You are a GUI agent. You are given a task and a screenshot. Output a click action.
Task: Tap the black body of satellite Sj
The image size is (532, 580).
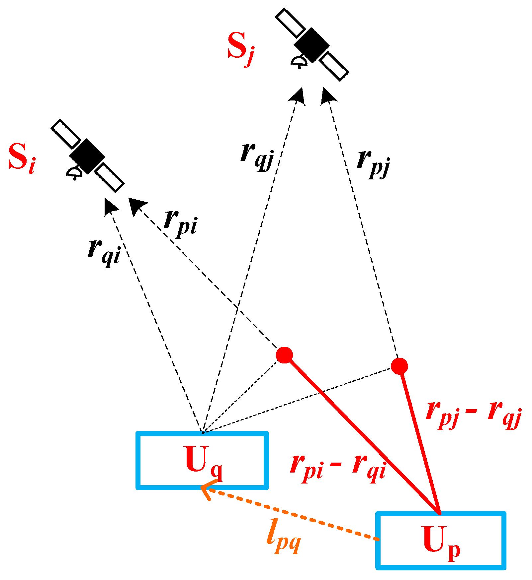(311, 45)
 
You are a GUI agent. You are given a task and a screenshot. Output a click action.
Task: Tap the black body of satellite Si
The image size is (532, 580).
(87, 156)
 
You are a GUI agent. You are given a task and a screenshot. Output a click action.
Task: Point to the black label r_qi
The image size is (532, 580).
(103, 252)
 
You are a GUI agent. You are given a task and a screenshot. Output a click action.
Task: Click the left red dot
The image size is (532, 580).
(284, 355)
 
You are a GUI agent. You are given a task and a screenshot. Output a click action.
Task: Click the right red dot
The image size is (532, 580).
(399, 366)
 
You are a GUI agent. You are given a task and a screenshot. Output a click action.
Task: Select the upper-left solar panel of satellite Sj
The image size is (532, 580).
(291, 23)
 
